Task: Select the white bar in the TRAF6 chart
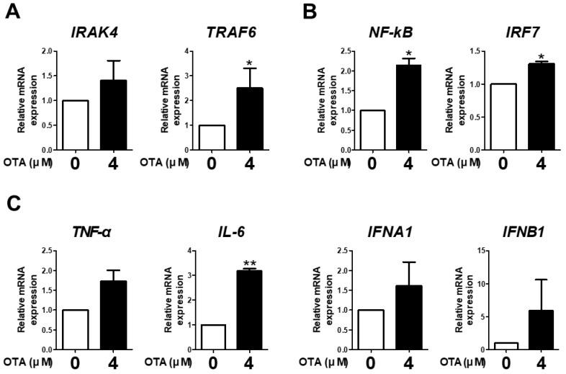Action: tap(211, 137)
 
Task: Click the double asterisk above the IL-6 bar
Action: tap(249, 263)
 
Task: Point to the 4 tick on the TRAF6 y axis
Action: tap(185, 52)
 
